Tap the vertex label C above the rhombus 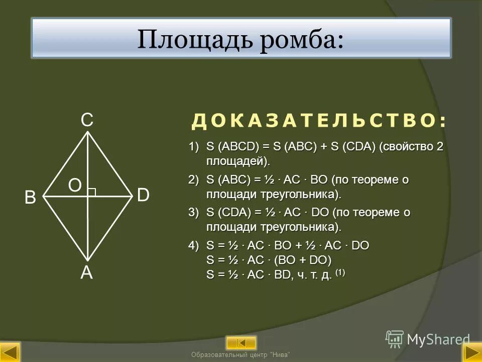tap(87, 120)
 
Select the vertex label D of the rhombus tap(143, 196)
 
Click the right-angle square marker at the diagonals tap(92, 192)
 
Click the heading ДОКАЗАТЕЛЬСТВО tap(319, 121)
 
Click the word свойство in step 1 tap(406, 147)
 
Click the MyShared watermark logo tap(428, 339)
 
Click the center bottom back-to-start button tap(241, 343)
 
